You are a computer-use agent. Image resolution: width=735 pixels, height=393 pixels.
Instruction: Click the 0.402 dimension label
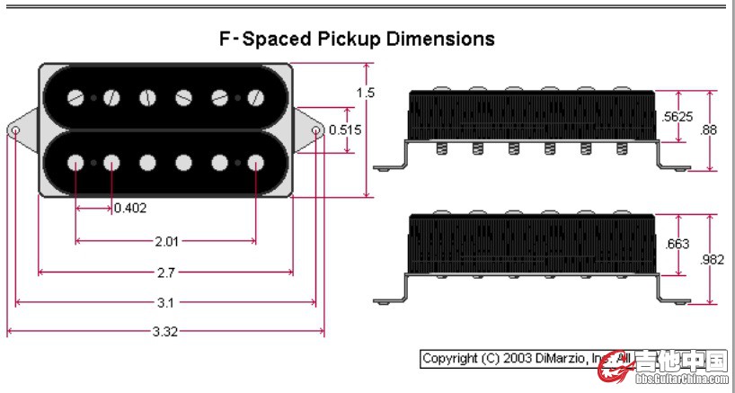(x=130, y=208)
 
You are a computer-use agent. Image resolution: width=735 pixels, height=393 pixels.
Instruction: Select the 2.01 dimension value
(x=166, y=241)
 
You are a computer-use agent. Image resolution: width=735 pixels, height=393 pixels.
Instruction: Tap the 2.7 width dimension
(x=165, y=272)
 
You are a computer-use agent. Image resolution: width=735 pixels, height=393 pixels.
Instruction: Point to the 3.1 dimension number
(x=165, y=302)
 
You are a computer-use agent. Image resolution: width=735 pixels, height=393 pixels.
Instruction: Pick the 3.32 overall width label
(x=165, y=331)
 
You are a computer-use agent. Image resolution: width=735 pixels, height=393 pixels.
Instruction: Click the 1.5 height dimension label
(x=365, y=93)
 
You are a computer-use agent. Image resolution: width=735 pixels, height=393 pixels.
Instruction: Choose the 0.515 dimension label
(x=345, y=130)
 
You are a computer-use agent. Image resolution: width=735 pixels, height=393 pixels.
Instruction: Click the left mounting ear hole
(x=15, y=130)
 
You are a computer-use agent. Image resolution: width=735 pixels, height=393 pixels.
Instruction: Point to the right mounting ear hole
(x=316, y=130)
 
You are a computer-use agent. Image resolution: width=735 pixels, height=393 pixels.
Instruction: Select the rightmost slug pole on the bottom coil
(x=256, y=163)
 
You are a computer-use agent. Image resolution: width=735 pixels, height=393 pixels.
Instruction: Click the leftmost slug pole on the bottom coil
(x=75, y=163)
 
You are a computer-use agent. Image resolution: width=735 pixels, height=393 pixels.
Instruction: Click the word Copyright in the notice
(x=450, y=358)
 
